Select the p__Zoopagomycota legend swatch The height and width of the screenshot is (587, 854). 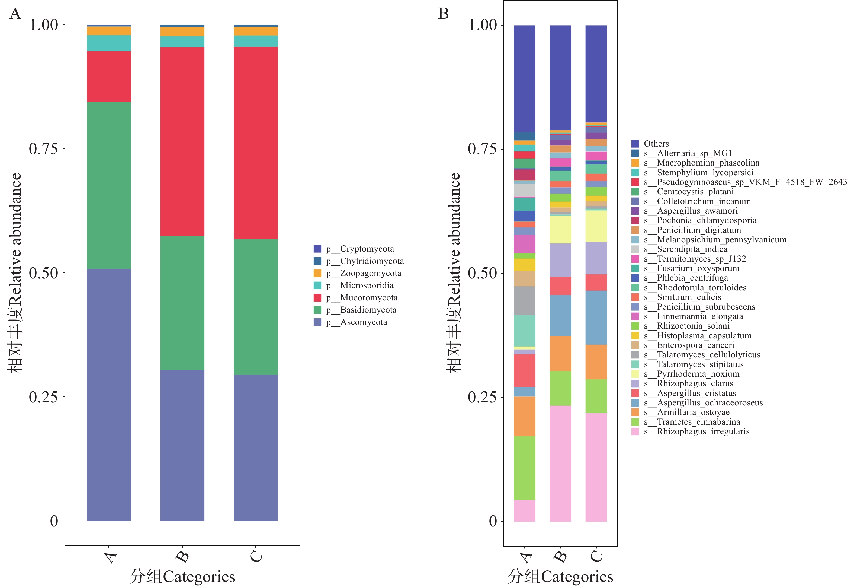[317, 273]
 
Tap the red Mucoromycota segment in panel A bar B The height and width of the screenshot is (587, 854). [182, 142]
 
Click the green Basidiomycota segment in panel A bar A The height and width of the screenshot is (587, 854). [109, 185]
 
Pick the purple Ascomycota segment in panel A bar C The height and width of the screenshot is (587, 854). [256, 448]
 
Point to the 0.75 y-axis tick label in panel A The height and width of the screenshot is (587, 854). [43, 149]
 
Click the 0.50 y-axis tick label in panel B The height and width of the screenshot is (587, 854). [482, 273]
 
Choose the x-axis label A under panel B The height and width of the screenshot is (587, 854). [525, 557]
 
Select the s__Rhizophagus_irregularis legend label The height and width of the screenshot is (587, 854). [703, 431]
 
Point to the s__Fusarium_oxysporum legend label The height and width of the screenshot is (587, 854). [698, 268]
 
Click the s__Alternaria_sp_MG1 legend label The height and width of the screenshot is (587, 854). [695, 153]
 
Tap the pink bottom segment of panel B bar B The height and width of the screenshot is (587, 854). [560, 464]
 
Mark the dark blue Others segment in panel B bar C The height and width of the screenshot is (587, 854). [596, 74]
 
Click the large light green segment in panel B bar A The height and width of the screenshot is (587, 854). [524, 468]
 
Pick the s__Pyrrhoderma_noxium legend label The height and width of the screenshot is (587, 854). [698, 374]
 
